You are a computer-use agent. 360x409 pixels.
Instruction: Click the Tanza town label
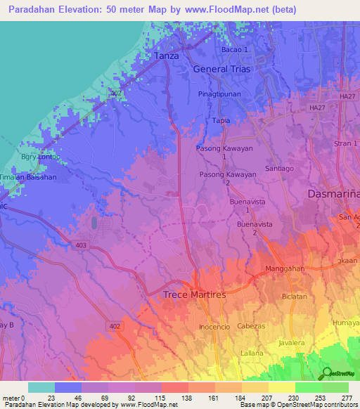pyautogui.click(x=167, y=56)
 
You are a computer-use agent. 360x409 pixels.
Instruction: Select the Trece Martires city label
pyautogui.click(x=195, y=295)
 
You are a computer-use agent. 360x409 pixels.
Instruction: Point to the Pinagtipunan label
pyautogui.click(x=219, y=93)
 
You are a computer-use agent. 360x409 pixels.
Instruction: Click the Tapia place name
pyautogui.click(x=221, y=121)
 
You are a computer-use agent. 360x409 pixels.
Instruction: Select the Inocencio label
pyautogui.click(x=216, y=327)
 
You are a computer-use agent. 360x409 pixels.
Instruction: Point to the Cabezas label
pyautogui.click(x=250, y=326)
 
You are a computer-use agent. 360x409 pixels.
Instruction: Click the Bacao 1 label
pyautogui.click(x=235, y=50)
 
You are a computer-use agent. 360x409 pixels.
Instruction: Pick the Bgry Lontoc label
pyautogui.click(x=39, y=157)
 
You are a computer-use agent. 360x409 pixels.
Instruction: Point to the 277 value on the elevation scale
pyautogui.click(x=346, y=398)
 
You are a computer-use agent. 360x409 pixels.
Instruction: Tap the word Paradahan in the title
pyautogui.click(x=35, y=10)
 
